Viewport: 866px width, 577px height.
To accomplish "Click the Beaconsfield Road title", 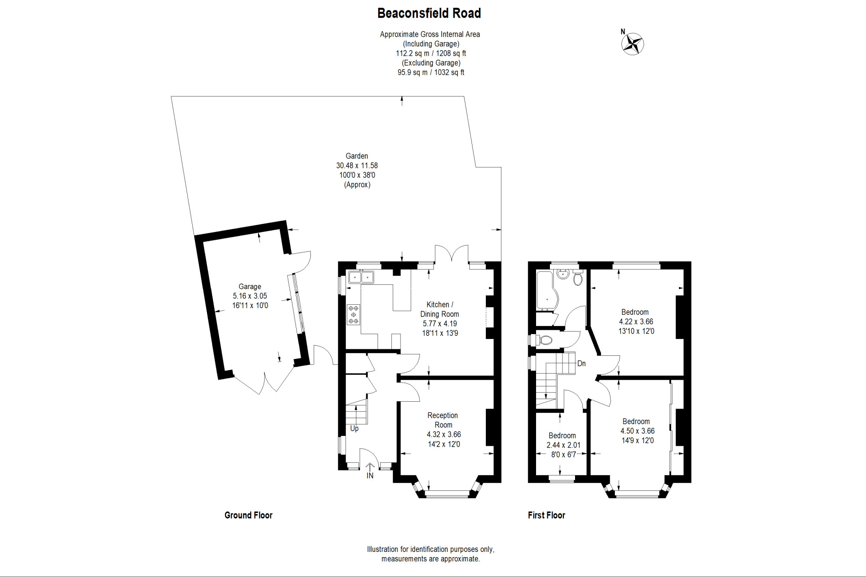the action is point(429,13).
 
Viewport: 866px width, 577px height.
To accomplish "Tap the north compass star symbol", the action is point(633,44).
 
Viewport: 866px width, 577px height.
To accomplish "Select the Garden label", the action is point(357,156).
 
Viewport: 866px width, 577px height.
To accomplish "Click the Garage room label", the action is point(250,287).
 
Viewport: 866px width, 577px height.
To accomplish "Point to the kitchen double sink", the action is point(361,277).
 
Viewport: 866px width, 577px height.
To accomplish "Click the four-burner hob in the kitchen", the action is point(353,315).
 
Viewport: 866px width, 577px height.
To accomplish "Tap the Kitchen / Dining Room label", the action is point(439,309).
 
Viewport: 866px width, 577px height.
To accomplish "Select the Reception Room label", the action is point(443,420).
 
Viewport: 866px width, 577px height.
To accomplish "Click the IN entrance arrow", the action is point(370,467).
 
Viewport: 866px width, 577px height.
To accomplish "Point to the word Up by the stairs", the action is point(354,429).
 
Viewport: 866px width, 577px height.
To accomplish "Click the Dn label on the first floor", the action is point(582,364).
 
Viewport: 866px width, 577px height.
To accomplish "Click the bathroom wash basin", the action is point(563,274).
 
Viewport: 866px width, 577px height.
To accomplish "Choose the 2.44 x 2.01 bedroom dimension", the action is point(563,445).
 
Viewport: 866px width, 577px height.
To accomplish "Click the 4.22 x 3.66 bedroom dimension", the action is point(636,322).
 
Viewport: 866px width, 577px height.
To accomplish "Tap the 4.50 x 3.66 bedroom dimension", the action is point(637,431).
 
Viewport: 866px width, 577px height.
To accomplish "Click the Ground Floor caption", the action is point(249,515).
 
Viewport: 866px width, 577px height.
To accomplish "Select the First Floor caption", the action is point(546,515).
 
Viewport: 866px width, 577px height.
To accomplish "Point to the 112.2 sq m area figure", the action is point(413,53).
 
